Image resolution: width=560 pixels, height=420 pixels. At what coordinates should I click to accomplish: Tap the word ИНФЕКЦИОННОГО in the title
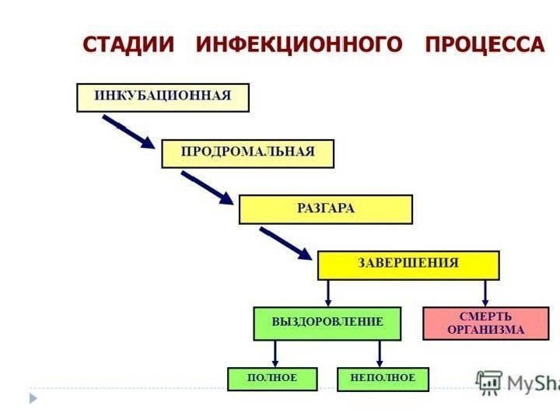[299, 44]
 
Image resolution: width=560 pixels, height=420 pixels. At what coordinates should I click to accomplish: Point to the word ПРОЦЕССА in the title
[484, 44]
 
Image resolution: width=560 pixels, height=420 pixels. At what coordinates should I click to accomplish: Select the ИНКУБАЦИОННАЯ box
[163, 97]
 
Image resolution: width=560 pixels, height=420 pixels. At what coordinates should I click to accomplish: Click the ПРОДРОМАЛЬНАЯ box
[247, 153]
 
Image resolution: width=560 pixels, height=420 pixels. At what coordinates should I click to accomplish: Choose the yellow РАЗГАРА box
[325, 209]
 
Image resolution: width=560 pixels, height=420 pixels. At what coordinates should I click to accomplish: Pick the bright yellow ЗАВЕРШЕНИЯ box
[408, 264]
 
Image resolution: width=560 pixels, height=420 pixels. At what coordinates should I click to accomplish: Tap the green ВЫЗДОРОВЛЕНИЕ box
[327, 323]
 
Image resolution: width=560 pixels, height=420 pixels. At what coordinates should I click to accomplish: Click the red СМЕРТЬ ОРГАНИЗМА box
[485, 324]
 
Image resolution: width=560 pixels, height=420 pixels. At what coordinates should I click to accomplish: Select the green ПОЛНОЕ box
[272, 379]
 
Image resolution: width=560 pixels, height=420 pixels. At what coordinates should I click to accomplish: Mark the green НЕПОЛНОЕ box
[383, 379]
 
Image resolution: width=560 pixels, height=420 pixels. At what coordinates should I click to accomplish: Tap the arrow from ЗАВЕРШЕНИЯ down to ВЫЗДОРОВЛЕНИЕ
[328, 292]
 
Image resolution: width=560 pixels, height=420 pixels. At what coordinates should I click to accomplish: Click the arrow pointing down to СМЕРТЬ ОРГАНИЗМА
[485, 292]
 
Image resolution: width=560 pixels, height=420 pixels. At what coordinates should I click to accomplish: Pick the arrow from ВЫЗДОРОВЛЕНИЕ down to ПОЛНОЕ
[275, 354]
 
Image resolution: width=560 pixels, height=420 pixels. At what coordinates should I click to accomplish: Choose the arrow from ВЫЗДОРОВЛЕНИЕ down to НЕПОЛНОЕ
[380, 354]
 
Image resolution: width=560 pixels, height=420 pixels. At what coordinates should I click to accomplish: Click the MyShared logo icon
[489, 381]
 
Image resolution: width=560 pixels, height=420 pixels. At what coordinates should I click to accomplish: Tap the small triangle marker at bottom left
[33, 398]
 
